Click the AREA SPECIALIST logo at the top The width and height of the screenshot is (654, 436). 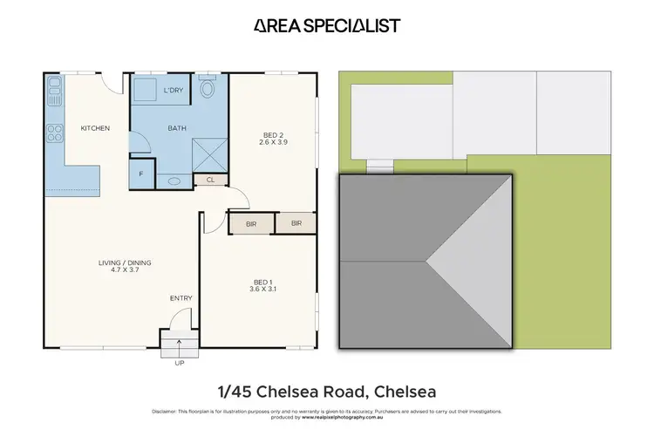click(327, 25)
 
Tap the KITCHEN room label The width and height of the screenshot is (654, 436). click(95, 129)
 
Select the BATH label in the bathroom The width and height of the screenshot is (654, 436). click(177, 129)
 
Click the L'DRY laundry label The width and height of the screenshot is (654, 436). click(174, 91)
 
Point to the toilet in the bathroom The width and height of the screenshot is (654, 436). click(208, 88)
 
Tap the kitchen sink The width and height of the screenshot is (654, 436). click(55, 86)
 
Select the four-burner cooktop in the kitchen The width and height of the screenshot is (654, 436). click(55, 133)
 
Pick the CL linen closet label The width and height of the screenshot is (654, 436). click(210, 180)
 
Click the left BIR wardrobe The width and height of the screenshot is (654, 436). click(250, 223)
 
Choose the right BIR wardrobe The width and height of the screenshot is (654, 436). click(296, 223)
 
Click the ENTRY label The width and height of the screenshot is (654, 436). click(181, 299)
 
